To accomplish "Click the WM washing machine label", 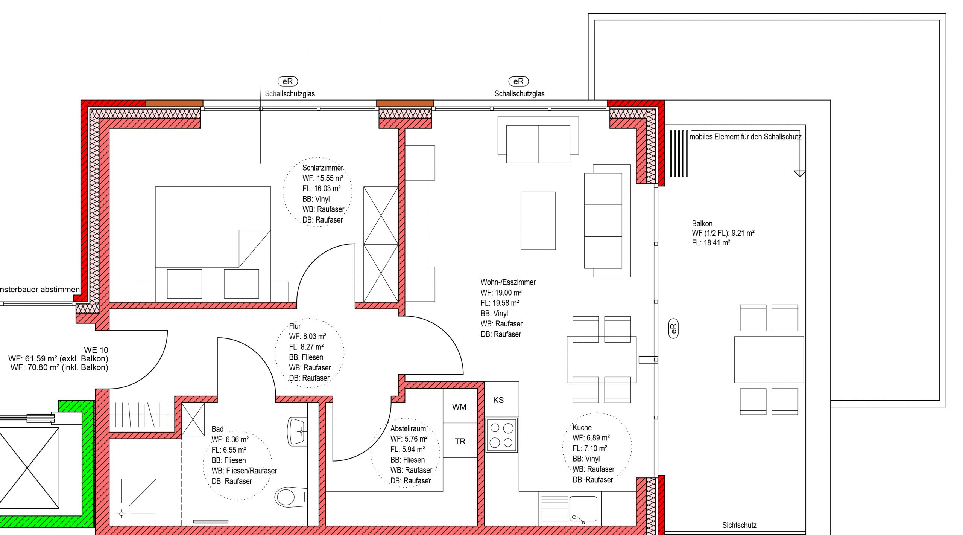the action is coord(459,407).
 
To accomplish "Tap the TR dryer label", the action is coord(460,441).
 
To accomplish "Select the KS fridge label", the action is coord(498,400).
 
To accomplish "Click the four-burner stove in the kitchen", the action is coord(501,434).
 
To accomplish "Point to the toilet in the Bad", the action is coord(291,497).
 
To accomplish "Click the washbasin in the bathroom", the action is coord(297,431).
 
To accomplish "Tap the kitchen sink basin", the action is coord(583,509).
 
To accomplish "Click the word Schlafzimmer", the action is coord(323,168).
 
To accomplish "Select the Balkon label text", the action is coord(702,223).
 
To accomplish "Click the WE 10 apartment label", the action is coord(96,350).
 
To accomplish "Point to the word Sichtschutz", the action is coord(739,525).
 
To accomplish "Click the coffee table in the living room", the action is coord(538,221).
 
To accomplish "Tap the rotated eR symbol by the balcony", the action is coord(673,328).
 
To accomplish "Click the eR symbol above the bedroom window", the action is coord(288,81).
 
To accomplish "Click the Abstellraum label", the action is coord(408,428).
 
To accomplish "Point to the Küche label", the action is coord(582,427).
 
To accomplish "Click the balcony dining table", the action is coord(769,360).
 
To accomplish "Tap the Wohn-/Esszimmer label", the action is coord(508,282).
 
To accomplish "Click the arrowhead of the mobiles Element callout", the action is coord(800,174).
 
